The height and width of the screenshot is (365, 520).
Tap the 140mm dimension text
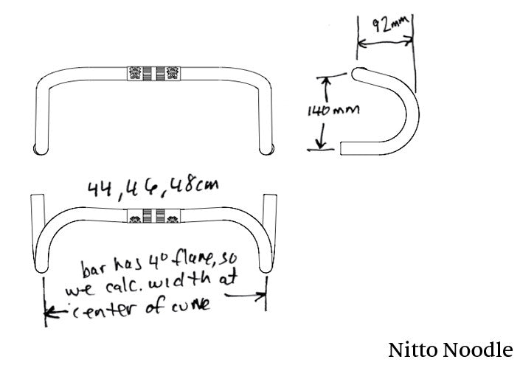[331, 111]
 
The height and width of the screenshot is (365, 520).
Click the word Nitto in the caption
[415, 349]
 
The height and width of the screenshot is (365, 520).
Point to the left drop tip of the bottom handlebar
[36, 200]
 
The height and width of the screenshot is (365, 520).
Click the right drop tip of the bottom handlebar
[271, 200]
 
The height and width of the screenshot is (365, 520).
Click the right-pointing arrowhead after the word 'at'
[261, 296]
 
